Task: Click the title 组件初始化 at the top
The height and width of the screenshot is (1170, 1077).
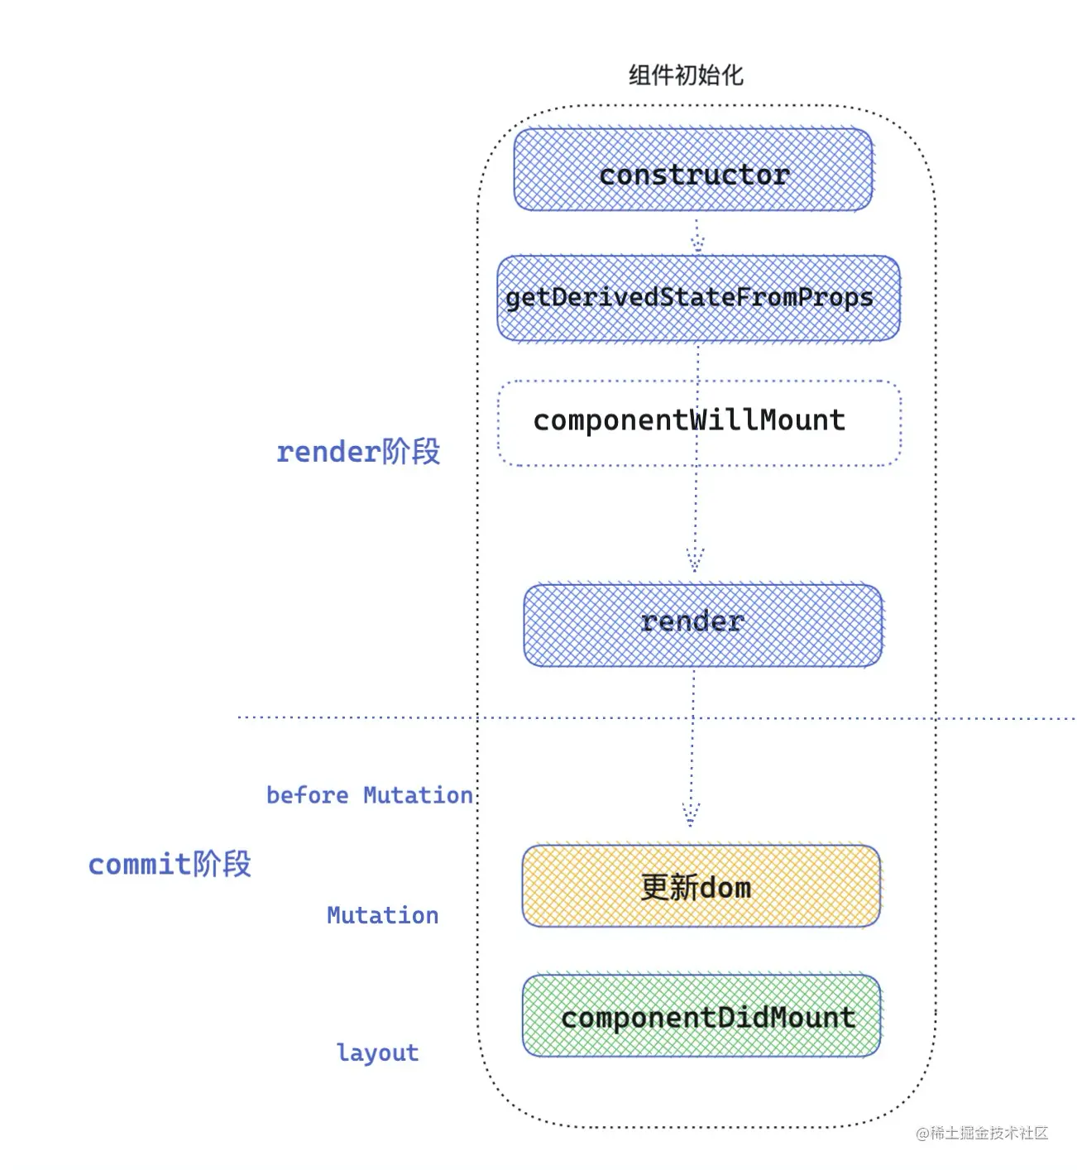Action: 685,75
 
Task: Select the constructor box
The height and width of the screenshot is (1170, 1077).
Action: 693,170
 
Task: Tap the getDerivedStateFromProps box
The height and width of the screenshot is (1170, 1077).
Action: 697,298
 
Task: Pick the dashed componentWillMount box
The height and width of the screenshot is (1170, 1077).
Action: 699,423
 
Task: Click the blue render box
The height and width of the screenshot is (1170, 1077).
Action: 702,626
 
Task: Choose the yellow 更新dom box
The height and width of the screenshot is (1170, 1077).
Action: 701,886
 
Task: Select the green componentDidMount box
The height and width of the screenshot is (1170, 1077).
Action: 701,1016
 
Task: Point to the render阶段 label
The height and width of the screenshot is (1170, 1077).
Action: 357,452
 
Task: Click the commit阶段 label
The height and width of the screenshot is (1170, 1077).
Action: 170,864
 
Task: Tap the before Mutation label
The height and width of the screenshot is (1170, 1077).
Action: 369,795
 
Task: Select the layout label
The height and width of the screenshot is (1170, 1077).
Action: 377,1053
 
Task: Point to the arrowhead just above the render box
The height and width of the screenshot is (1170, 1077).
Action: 695,560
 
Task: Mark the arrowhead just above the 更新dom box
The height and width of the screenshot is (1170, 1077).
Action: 691,814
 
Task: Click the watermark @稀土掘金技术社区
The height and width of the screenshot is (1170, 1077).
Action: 982,1133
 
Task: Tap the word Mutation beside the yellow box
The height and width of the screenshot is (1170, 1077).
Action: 382,915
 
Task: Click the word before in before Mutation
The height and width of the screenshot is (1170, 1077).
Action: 307,795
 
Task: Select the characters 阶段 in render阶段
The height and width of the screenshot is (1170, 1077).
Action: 411,452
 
